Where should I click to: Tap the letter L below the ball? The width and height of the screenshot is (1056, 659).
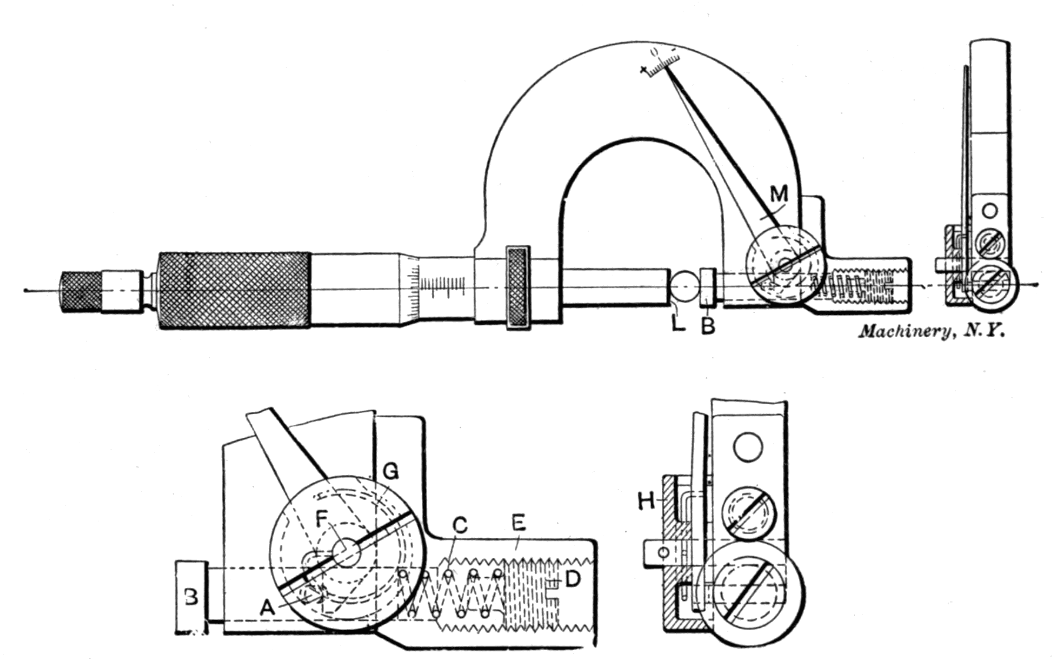point(678,323)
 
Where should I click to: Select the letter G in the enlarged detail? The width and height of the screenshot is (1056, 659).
point(390,471)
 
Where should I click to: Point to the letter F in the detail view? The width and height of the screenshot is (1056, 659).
point(322,518)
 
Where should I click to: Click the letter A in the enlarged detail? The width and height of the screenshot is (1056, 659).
point(268,608)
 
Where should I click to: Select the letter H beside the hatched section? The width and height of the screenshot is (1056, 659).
point(646,501)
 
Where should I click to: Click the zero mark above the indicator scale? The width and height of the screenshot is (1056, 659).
point(654,52)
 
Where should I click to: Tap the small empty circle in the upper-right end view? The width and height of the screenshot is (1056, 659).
point(990,210)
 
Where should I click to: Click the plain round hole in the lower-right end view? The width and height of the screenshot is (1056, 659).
point(748,447)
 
